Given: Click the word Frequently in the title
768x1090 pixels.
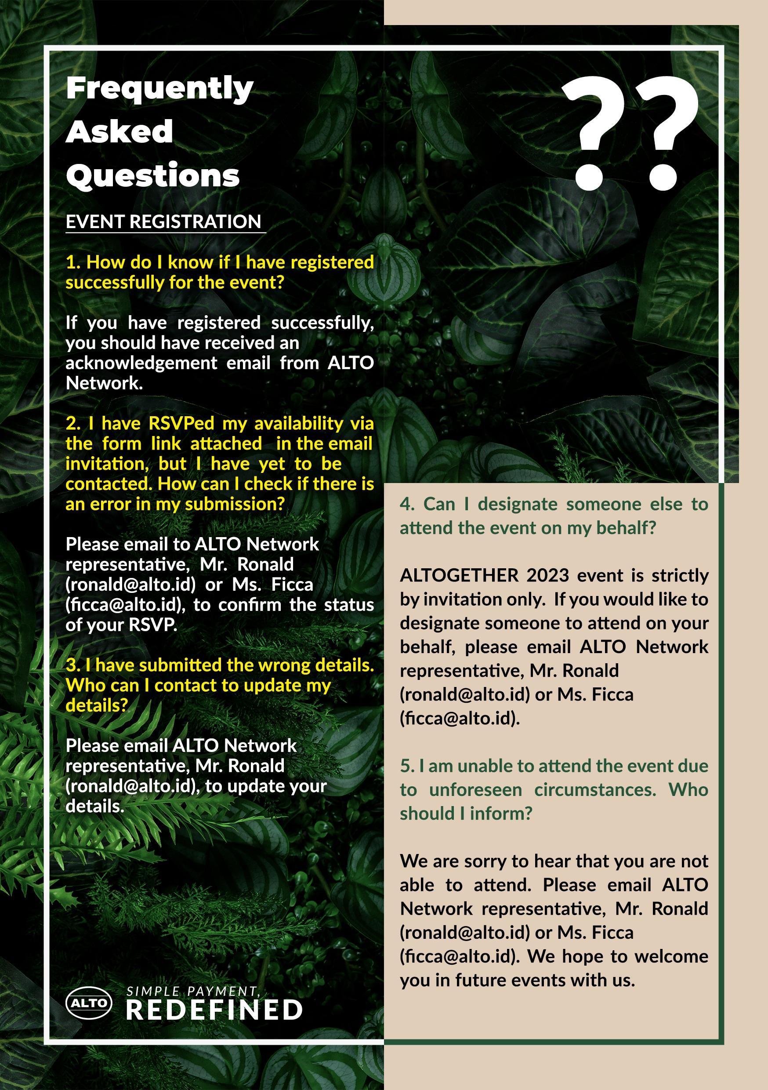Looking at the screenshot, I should [x=159, y=89].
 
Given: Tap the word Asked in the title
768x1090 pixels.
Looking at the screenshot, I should [x=119, y=131].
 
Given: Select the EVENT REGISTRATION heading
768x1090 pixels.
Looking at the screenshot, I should [x=163, y=222].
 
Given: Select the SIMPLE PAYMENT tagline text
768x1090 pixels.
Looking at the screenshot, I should [x=193, y=991].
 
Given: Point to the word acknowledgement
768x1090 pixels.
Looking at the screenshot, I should [x=141, y=363].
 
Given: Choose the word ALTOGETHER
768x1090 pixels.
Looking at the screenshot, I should [x=460, y=575].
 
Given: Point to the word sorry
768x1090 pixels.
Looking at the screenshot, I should [x=483, y=861].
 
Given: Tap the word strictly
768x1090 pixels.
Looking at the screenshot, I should [x=680, y=575].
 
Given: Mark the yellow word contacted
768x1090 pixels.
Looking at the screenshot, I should [x=109, y=484].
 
